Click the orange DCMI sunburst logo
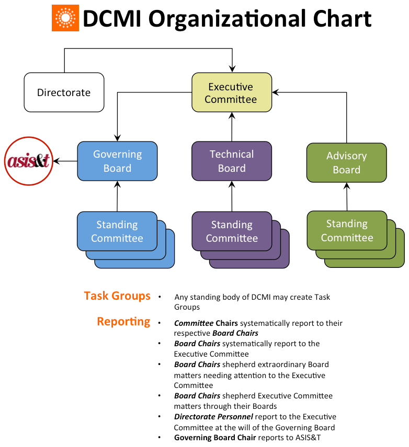tap(65, 19)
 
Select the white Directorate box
tap(64, 92)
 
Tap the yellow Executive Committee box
tap(231, 93)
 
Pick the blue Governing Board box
tap(117, 161)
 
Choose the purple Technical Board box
tap(232, 161)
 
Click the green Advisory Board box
tap(346, 162)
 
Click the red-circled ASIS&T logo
tap(28, 161)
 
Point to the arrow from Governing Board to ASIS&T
tap(65, 161)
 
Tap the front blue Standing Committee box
tap(117, 231)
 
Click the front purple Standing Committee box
tap(232, 231)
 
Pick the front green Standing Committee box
tap(347, 231)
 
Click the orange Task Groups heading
tap(117, 296)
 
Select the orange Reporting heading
tap(123, 322)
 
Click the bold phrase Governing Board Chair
tap(215, 438)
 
